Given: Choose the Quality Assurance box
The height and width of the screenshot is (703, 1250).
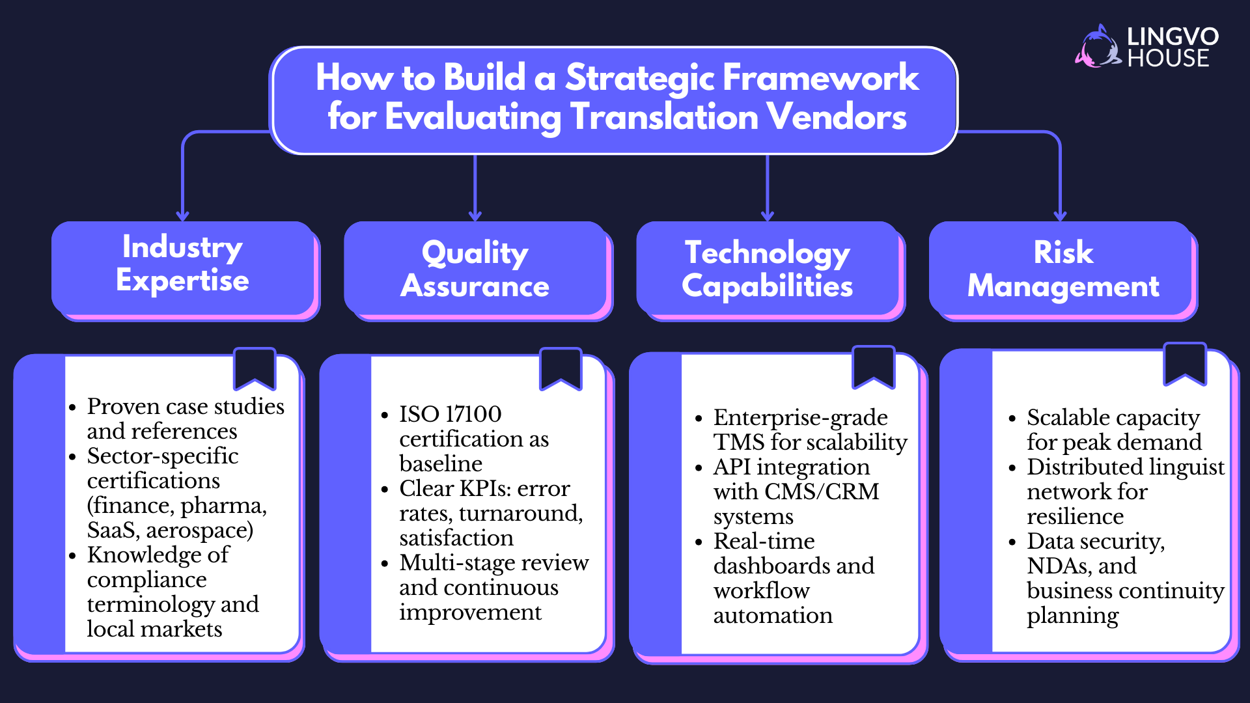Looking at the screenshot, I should pos(475,269).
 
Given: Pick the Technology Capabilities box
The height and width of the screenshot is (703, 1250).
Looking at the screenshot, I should pos(768,269).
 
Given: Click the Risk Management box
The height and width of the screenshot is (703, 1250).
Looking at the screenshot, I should pos(1062,269).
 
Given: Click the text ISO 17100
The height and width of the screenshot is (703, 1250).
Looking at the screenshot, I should pos(450,414).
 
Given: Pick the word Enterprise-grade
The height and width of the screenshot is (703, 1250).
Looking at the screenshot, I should pos(800,417).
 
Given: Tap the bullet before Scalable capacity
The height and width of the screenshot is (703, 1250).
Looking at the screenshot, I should pos(1012,419).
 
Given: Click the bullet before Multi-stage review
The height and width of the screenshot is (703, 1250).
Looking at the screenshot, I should pos(385,564).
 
